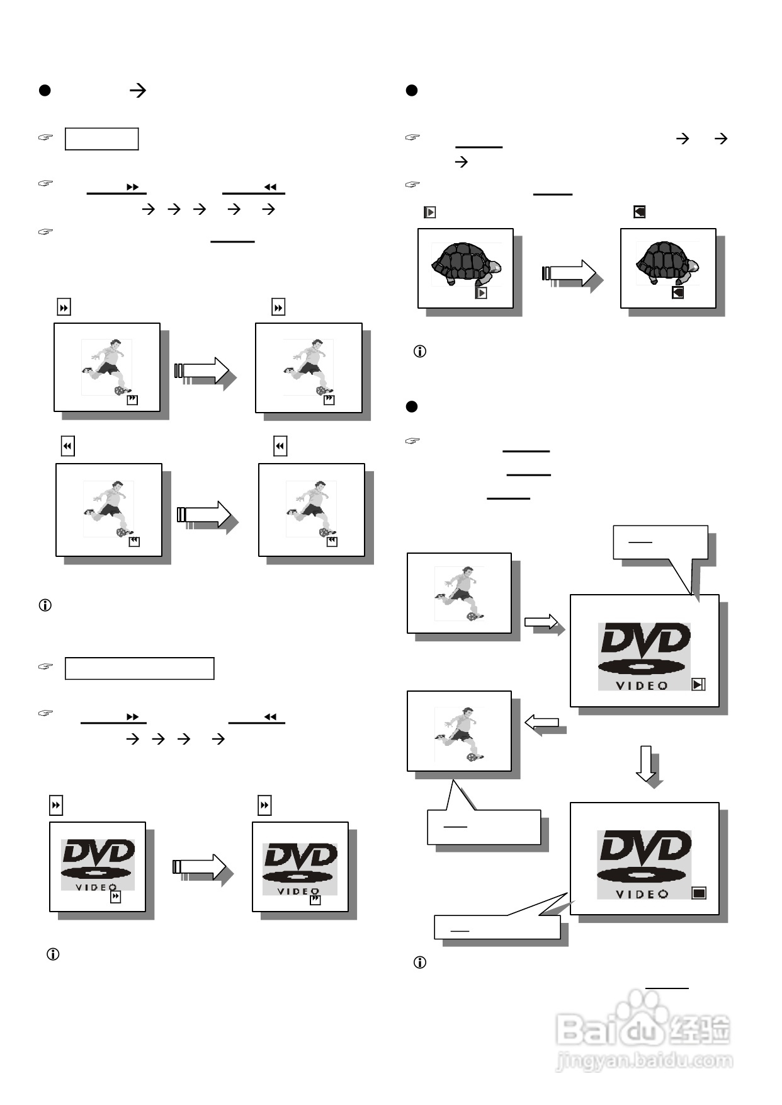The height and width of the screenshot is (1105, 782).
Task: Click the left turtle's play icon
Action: tap(481, 293)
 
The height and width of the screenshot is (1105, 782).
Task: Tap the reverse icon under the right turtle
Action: tap(677, 292)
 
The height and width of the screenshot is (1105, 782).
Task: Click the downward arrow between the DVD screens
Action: tap(646, 764)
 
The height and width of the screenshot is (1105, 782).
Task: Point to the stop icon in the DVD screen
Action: tap(699, 893)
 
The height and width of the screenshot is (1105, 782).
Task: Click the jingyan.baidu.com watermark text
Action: tap(644, 1060)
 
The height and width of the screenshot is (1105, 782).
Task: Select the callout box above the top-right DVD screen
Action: tap(660, 542)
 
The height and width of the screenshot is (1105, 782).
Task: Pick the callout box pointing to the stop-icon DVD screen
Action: tap(497, 927)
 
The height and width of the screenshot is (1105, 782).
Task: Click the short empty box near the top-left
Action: tap(101, 139)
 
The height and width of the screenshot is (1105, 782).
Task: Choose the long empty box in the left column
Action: tap(139, 668)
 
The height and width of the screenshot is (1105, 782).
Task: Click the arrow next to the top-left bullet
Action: tap(137, 90)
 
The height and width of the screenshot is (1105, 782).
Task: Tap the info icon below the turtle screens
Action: tap(420, 352)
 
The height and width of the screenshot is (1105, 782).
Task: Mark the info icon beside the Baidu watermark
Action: tap(420, 962)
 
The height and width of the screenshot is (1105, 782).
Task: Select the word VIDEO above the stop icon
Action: tap(642, 894)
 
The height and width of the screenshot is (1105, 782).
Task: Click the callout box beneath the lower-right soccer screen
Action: tap(484, 827)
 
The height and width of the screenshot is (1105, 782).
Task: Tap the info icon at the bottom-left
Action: tap(54, 954)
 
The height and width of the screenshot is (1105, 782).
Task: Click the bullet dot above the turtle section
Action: tap(412, 90)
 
